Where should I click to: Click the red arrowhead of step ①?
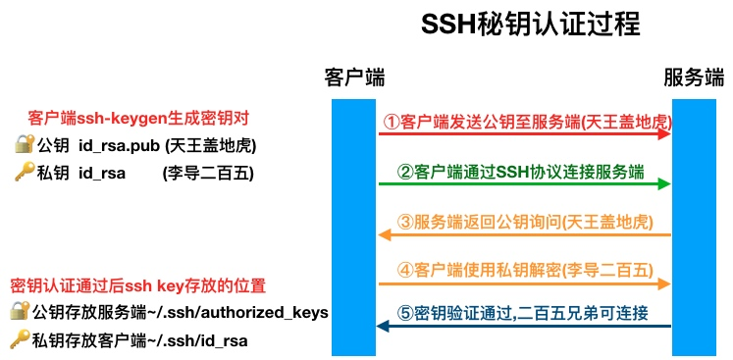664,134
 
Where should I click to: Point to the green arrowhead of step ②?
664,183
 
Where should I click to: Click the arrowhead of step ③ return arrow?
385,234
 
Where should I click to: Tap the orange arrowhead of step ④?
664,284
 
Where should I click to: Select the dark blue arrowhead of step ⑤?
385,327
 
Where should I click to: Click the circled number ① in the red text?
391,123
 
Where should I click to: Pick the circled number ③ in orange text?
406,222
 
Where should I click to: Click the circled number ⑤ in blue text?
405,314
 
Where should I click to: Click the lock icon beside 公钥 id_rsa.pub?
24,145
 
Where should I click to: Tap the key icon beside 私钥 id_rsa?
24,174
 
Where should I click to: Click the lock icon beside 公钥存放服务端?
20,312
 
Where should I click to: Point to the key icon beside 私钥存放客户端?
20,339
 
